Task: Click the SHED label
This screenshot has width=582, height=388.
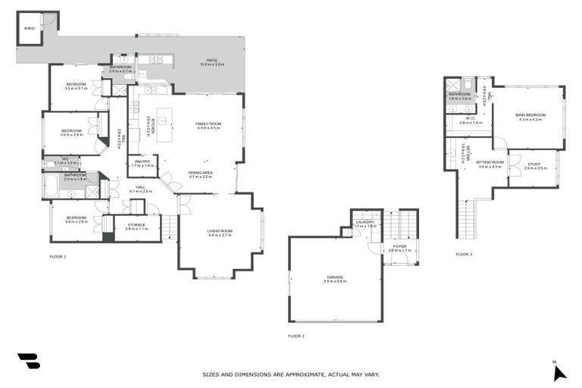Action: tap(30, 28)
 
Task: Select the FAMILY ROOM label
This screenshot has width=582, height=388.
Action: tap(208, 125)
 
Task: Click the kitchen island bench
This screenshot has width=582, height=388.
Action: tap(161, 120)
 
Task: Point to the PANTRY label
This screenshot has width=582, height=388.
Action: tap(142, 162)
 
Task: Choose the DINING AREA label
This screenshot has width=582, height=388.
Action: tap(200, 174)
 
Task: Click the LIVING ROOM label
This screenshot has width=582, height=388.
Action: tap(220, 232)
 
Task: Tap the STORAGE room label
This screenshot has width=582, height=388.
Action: tap(136, 225)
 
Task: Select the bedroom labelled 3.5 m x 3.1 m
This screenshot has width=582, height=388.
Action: tap(76, 85)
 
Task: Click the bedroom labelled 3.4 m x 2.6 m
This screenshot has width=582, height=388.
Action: tap(76, 219)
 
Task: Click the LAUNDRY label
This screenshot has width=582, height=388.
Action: tap(365, 223)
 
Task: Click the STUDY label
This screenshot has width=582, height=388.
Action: tap(535, 164)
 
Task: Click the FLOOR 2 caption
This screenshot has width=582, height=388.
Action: tap(296, 336)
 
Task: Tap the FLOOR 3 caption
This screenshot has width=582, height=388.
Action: tap(464, 254)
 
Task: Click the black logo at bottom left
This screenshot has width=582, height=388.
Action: tap(28, 361)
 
